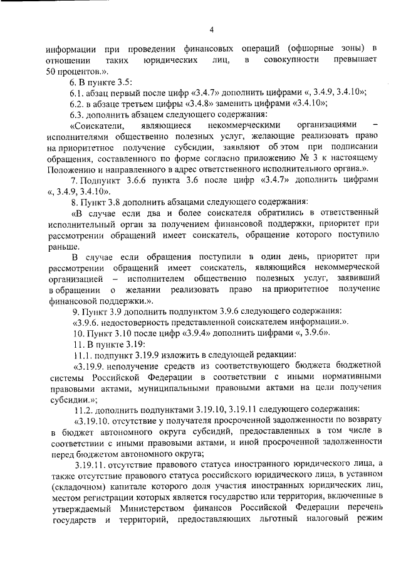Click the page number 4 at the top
[212, 29]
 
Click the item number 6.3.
[78, 115]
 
